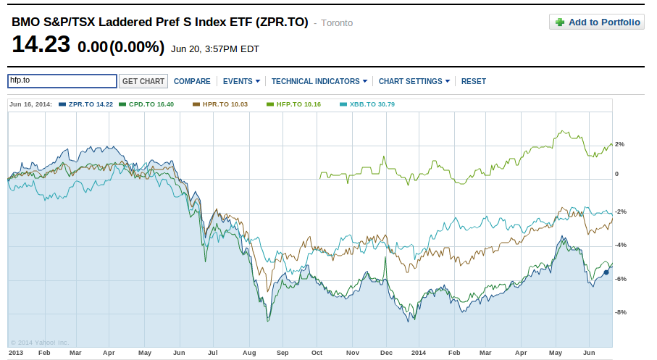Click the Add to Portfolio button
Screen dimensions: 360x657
[597, 22]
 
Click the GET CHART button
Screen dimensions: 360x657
[143, 81]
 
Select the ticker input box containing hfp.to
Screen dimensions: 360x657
[62, 81]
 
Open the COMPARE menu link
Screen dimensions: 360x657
[192, 81]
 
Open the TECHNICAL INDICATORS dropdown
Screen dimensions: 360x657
[319, 81]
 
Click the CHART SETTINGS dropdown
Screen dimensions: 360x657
[414, 81]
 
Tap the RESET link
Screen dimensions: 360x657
[474, 81]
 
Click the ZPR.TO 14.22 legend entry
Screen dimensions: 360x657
[87, 104]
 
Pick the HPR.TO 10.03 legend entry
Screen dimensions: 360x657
[221, 104]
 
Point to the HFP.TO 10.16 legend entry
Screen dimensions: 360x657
[293, 104]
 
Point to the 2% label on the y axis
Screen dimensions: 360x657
[619, 144]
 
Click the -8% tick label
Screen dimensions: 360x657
[620, 312]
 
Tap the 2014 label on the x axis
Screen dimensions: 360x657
[419, 352]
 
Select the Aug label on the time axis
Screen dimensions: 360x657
[249, 352]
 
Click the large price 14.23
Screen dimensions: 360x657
[41, 46]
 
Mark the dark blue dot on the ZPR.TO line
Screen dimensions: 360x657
[606, 272]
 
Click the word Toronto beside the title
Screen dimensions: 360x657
[337, 23]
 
